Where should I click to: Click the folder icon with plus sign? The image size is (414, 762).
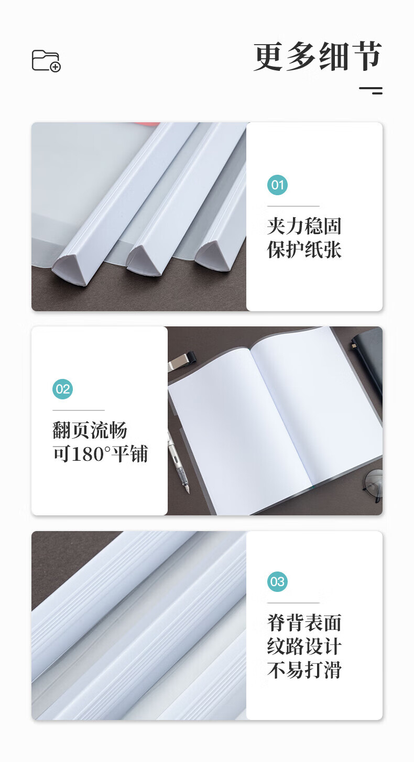tap(46, 61)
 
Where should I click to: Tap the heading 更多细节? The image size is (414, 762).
tap(318, 57)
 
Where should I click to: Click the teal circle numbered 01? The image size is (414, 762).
tap(277, 185)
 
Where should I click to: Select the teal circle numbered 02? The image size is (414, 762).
tap(62, 389)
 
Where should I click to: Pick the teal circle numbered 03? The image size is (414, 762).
tap(277, 581)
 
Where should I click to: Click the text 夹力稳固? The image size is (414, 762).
tap(304, 226)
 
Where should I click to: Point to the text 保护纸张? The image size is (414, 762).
tap(304, 250)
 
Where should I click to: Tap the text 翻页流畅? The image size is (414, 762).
tap(90, 430)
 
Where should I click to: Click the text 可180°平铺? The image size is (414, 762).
tap(100, 454)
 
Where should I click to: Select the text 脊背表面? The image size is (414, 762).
tap(304, 622)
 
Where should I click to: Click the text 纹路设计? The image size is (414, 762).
tap(304, 647)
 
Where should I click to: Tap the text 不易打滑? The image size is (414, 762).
tap(304, 670)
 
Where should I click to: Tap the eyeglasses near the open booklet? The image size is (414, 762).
tap(373, 485)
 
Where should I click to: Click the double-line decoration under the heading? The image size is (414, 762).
tap(371, 90)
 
